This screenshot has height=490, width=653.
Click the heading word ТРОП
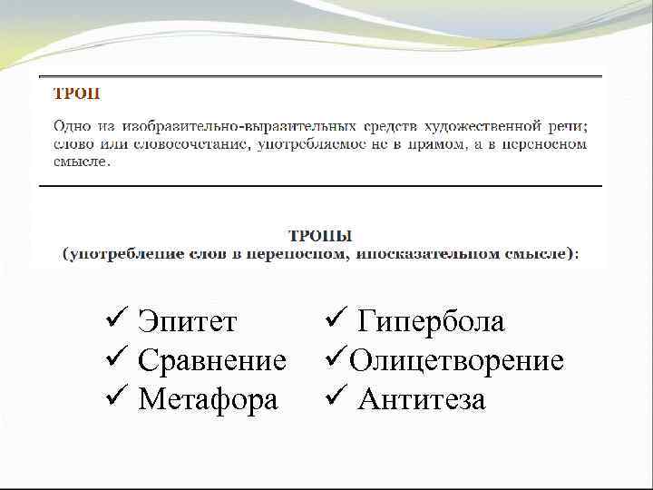(x=77, y=93)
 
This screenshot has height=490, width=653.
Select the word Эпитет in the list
(x=188, y=321)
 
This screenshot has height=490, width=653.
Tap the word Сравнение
(x=212, y=360)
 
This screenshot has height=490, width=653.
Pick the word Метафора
(x=209, y=399)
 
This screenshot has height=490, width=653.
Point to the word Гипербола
(x=432, y=321)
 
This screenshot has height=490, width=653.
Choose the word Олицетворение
(x=457, y=360)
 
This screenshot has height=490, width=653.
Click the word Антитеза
(x=422, y=399)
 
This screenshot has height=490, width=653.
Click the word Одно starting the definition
(x=72, y=123)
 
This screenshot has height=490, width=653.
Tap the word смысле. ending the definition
(x=83, y=163)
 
